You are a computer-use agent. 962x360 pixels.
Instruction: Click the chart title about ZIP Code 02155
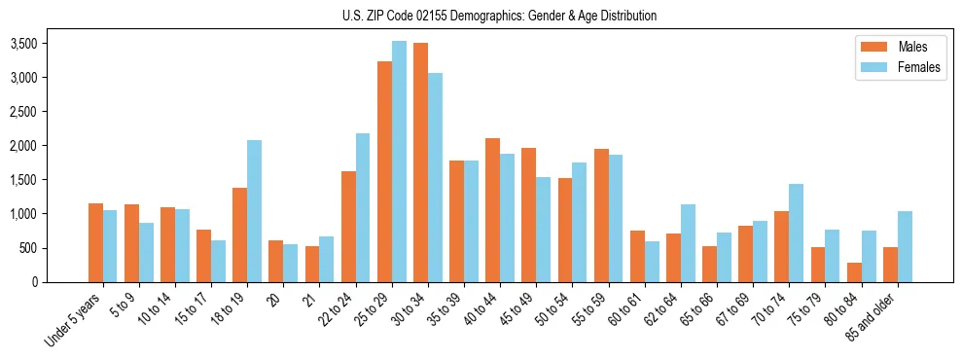pyautogui.click(x=499, y=16)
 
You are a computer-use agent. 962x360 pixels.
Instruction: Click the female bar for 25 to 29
pyautogui.click(x=399, y=162)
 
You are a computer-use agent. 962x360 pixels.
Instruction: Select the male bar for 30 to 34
pyautogui.click(x=420, y=162)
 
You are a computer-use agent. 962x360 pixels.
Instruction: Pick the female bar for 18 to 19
pyautogui.click(x=254, y=211)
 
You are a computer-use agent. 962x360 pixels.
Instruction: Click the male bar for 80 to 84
pyautogui.click(x=854, y=272)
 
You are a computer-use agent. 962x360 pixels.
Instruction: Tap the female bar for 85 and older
pyautogui.click(x=905, y=246)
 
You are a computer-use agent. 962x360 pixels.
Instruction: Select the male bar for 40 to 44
pyautogui.click(x=493, y=210)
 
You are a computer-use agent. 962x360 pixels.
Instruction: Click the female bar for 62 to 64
pyautogui.click(x=688, y=243)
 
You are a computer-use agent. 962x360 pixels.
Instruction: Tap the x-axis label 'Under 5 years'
pyautogui.click(x=74, y=321)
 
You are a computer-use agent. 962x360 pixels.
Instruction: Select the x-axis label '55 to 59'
pyautogui.click(x=589, y=310)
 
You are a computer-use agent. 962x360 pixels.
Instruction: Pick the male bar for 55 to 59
pyautogui.click(x=601, y=215)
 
